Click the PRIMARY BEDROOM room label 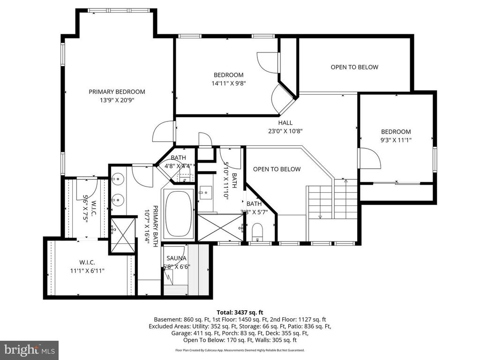click(117, 92)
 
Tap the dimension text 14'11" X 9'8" click(229, 83)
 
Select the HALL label click(285, 123)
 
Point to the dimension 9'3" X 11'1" click(396, 140)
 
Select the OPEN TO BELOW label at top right click(354, 67)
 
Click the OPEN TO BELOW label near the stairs click(277, 169)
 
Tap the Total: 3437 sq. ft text click(240, 312)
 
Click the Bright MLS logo click(29, 350)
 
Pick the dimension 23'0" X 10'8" click(285, 131)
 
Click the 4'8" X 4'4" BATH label click(178, 162)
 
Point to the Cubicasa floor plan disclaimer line click(240, 350)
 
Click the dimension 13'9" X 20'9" click(117, 100)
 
